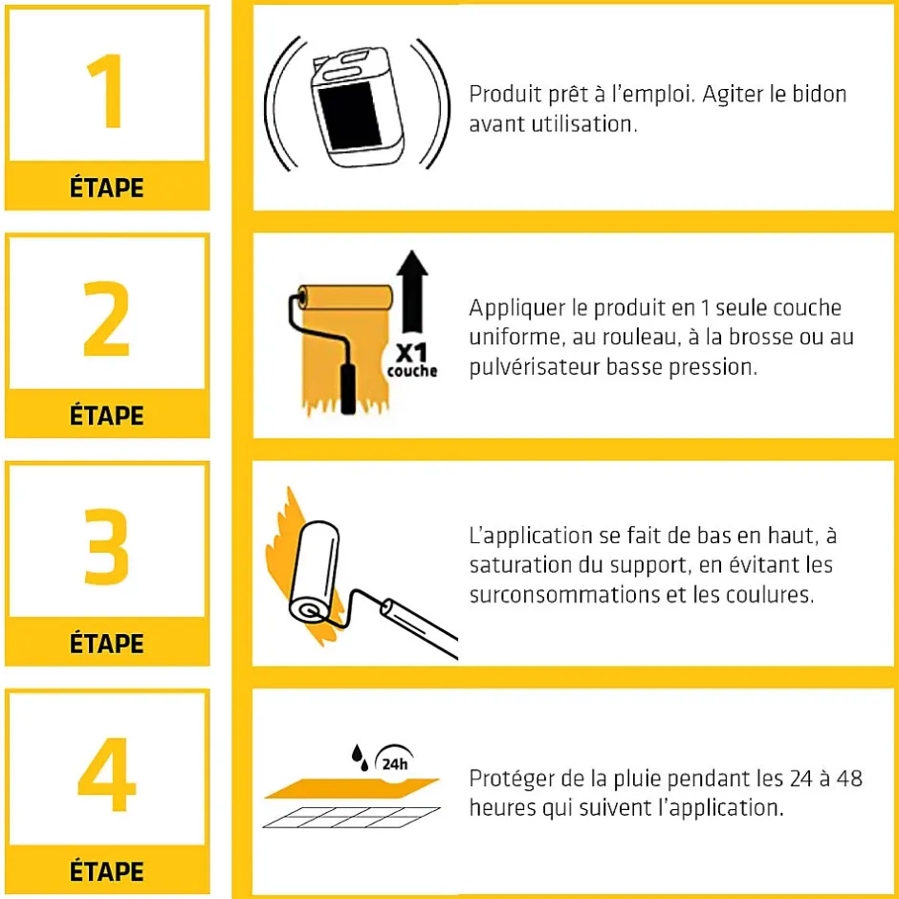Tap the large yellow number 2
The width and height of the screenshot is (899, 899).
coord(106,318)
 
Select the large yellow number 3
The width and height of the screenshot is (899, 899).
coord(106,546)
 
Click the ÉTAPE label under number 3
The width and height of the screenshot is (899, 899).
coord(107,644)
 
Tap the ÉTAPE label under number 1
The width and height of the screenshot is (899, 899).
coord(107,187)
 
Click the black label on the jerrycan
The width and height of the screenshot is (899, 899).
coord(350,114)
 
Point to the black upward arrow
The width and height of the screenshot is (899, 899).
coord(412,292)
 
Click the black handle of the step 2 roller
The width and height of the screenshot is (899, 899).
coord(348,388)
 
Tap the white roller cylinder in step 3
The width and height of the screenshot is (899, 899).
coord(314,572)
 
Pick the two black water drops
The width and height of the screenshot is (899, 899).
coord(360,757)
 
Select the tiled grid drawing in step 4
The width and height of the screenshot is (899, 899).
coord(351,818)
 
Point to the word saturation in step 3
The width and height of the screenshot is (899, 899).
coord(520,565)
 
